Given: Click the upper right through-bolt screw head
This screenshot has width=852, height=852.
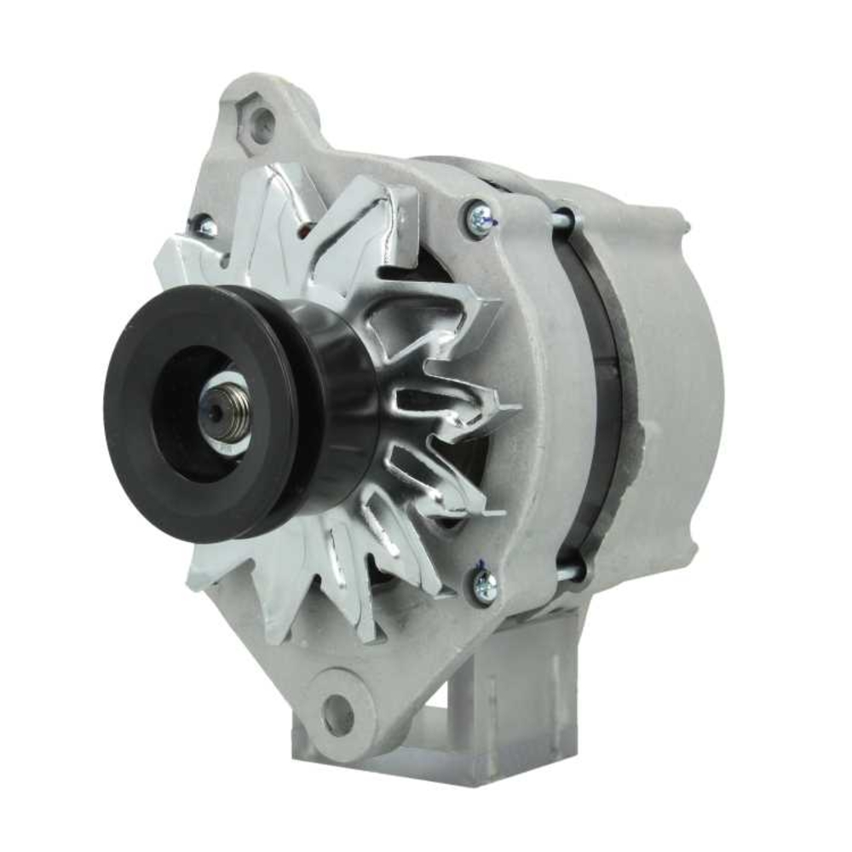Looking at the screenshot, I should click(479, 219).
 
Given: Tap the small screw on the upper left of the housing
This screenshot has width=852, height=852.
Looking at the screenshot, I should click(204, 226).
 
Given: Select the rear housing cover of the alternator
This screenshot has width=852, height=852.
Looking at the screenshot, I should click(673, 383).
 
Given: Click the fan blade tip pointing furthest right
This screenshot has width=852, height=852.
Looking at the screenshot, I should click(515, 407).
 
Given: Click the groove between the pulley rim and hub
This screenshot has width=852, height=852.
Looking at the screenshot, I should click(294, 409).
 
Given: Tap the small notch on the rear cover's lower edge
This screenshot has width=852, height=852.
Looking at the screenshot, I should click(694, 545).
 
